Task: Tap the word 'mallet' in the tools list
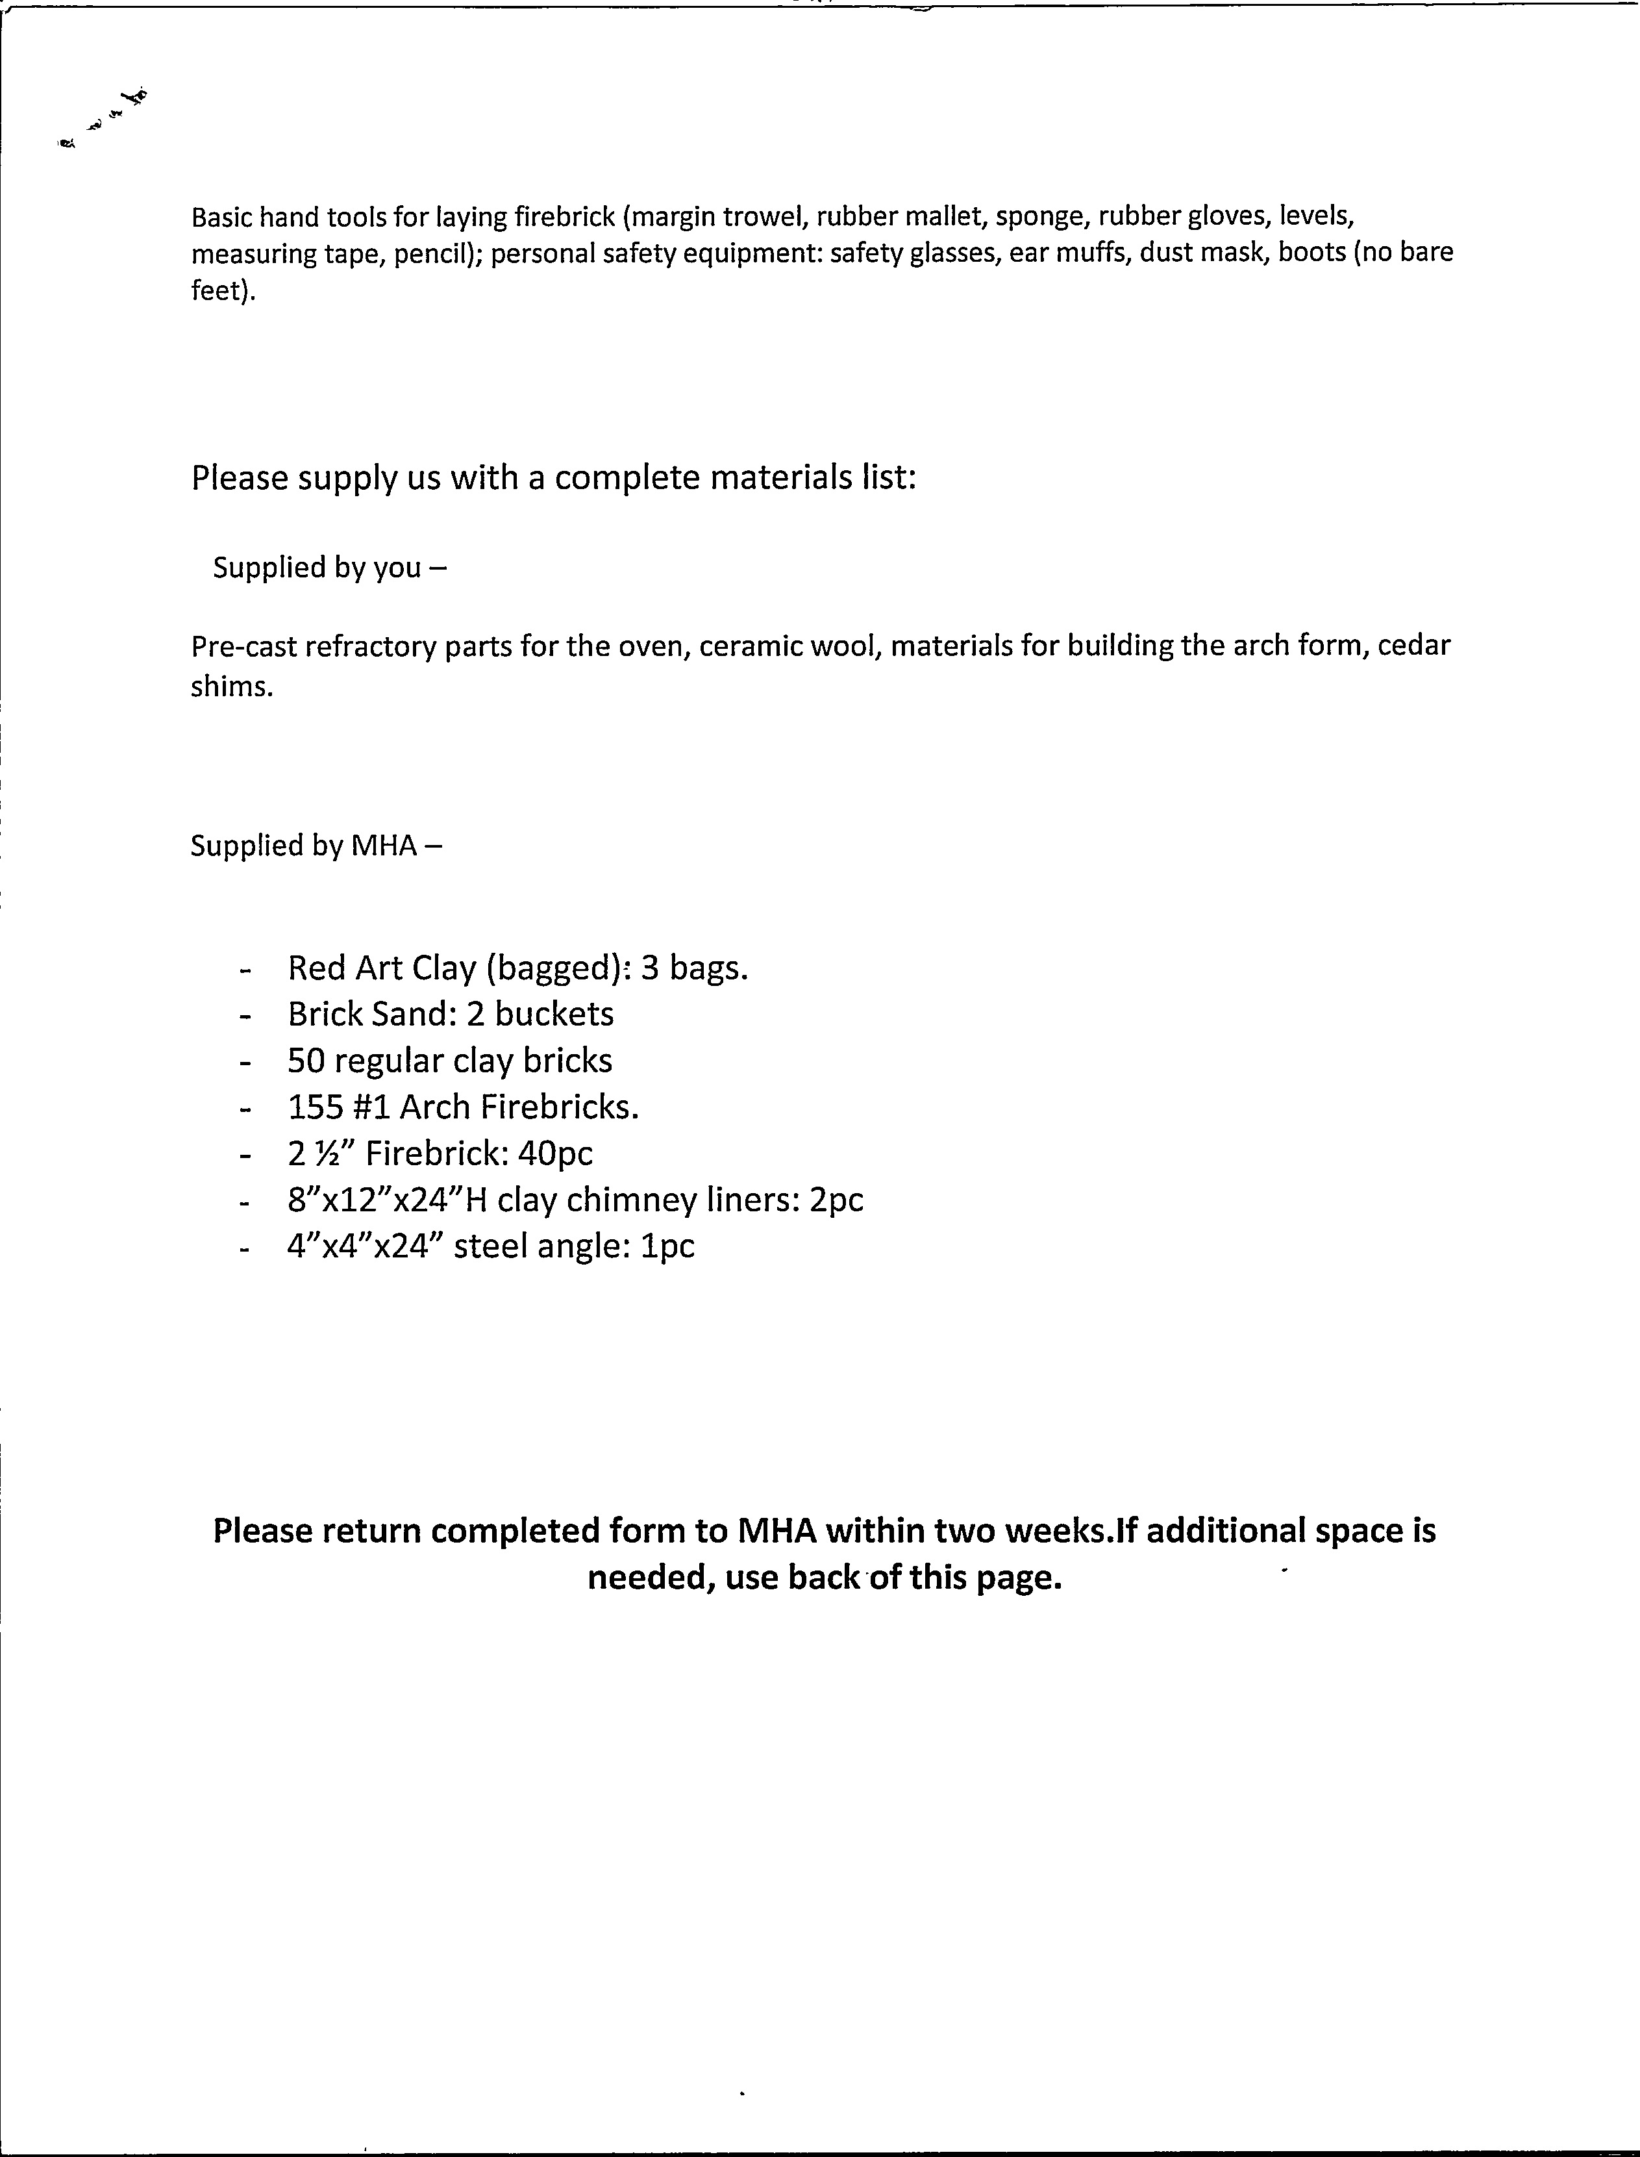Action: (x=939, y=216)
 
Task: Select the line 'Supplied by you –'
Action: (x=329, y=567)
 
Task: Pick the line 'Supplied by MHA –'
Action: (x=316, y=846)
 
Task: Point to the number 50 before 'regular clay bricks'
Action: (x=306, y=1061)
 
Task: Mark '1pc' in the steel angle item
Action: (x=667, y=1247)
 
